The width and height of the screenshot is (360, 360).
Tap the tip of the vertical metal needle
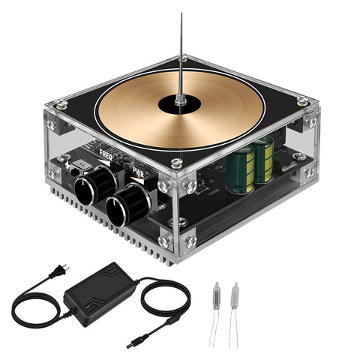pos(181,16)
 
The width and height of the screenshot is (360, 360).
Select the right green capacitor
pos(262,160)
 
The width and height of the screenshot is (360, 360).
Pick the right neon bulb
pos(235,293)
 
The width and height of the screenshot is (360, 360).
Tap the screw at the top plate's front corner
pos(176,163)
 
